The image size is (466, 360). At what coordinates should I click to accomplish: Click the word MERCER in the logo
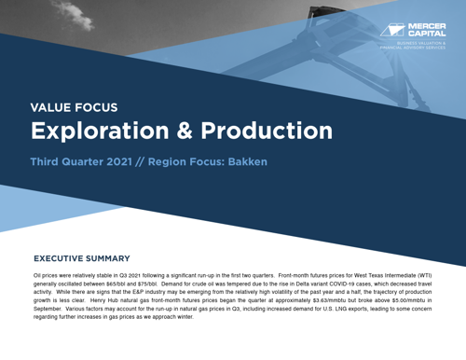click(x=428, y=26)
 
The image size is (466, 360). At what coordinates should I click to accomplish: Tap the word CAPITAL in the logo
click(x=428, y=34)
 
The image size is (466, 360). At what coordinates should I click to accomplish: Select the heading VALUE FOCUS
click(x=75, y=107)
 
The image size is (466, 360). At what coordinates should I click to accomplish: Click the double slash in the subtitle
click(x=166, y=162)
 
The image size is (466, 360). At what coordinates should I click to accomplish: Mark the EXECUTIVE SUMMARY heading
click(x=82, y=258)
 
